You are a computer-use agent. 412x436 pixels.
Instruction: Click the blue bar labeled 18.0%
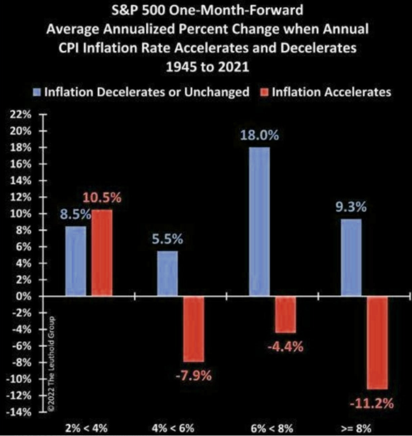[259, 222]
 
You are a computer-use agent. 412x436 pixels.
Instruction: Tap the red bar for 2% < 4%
[102, 253]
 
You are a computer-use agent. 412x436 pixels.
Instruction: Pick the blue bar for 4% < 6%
[168, 273]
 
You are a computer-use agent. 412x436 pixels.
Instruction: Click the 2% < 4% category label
[86, 428]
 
